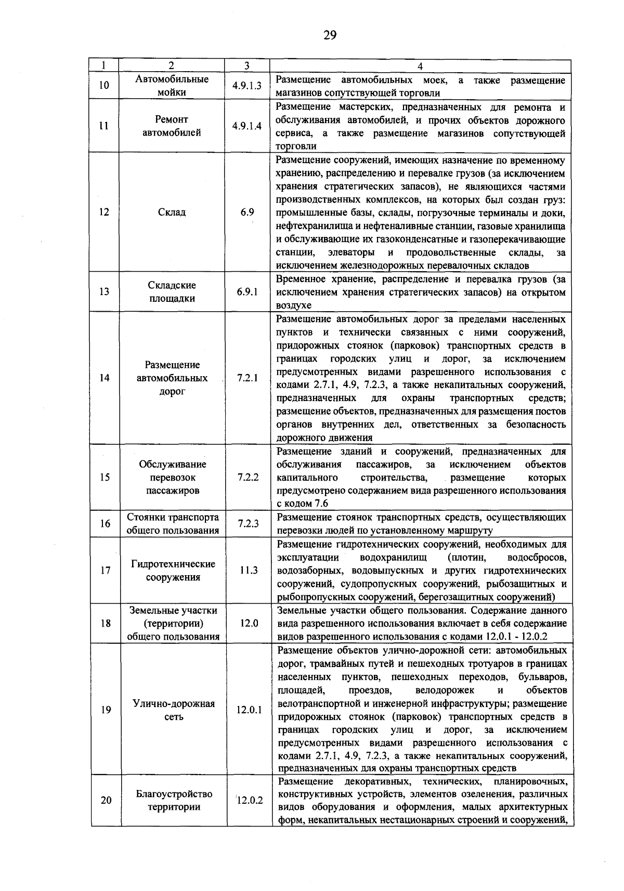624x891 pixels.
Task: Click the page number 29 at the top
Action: point(330,35)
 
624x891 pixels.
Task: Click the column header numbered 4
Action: point(420,66)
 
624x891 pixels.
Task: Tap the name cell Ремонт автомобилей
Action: point(172,126)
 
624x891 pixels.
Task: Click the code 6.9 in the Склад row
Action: point(247,212)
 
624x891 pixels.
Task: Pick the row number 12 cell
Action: point(105,212)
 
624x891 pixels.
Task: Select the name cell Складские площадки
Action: point(172,292)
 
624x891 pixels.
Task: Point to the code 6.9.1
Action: point(248,292)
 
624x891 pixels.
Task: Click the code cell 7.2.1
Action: point(248,378)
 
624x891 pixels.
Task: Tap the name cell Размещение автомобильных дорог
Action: point(172,378)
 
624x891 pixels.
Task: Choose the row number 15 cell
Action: point(105,477)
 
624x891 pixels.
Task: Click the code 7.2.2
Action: point(248,477)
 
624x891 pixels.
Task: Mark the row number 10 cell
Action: point(104,86)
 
